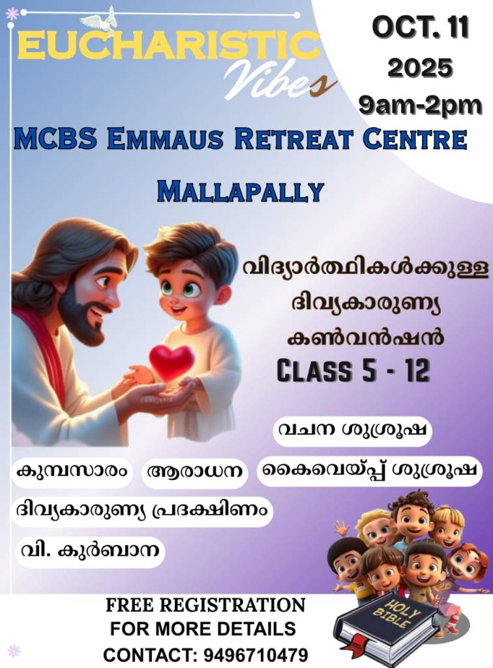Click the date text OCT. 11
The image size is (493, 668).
click(x=420, y=27)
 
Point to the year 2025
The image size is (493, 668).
click(x=420, y=68)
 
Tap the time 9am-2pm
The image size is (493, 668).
click(x=420, y=105)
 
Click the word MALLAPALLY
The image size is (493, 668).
click(x=241, y=191)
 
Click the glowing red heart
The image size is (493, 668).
click(x=171, y=361)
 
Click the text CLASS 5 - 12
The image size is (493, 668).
click(x=353, y=371)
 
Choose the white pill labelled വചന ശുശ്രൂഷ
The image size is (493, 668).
click(x=352, y=431)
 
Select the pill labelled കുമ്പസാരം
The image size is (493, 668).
click(x=72, y=472)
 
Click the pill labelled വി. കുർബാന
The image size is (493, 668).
click(x=90, y=551)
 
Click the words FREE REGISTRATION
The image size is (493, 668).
click(x=205, y=605)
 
